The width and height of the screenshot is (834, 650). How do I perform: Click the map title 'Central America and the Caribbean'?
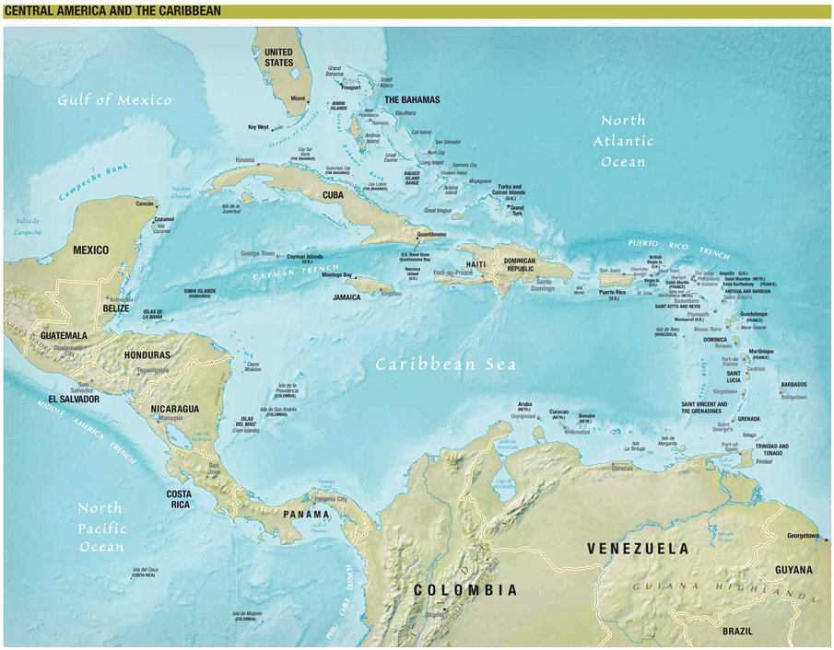click(112, 10)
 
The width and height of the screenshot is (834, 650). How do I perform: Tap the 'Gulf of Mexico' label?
click(115, 99)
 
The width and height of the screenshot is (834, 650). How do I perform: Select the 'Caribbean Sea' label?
click(445, 364)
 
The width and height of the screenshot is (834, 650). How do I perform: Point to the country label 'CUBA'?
click(334, 195)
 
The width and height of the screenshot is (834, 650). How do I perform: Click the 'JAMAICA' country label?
click(347, 297)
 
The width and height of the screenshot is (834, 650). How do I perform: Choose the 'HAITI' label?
click(476, 264)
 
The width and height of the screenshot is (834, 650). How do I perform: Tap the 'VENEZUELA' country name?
click(638, 549)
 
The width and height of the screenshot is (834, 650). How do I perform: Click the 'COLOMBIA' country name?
click(465, 589)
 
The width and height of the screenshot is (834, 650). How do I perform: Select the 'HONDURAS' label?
click(147, 354)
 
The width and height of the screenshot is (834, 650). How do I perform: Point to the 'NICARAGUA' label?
click(175, 408)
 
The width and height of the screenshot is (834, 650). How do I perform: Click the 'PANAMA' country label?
click(307, 514)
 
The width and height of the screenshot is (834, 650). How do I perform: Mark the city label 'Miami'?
click(298, 98)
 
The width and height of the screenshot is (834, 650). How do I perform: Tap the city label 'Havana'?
click(244, 160)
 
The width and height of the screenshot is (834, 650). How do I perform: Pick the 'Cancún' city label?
click(145, 203)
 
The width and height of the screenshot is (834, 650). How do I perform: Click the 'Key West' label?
click(258, 127)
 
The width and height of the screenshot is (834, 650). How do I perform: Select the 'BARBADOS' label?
click(799, 384)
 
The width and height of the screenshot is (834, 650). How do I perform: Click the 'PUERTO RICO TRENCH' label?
click(677, 248)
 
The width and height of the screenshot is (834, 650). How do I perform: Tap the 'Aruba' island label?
click(525, 404)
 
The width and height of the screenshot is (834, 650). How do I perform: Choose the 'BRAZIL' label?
click(737, 632)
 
